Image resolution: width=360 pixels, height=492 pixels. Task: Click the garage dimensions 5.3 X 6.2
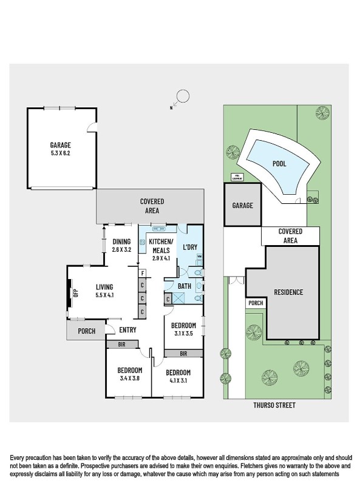click(61, 153)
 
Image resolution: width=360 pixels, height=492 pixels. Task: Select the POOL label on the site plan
click(279, 164)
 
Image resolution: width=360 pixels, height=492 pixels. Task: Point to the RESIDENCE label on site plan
click(288, 292)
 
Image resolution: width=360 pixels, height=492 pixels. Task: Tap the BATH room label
click(185, 285)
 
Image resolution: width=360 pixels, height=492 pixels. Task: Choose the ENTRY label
click(127, 330)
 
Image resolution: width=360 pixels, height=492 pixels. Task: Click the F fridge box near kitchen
click(141, 273)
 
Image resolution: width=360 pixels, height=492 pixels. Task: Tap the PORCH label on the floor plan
click(85, 331)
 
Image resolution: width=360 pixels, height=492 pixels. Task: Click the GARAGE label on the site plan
click(242, 206)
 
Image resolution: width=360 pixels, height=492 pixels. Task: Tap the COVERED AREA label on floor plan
click(152, 206)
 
